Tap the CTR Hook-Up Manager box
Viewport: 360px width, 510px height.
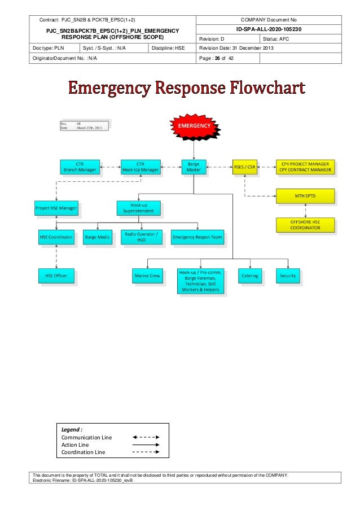(x=141, y=167)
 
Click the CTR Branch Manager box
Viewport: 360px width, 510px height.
(x=80, y=167)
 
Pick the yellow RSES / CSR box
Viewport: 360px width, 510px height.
(x=245, y=167)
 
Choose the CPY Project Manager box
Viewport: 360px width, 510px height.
(x=305, y=167)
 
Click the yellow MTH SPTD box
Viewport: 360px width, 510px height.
(x=305, y=196)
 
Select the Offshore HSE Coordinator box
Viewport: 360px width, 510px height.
(x=305, y=225)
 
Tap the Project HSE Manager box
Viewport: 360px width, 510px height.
(x=56, y=208)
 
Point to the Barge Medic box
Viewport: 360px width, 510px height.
(x=98, y=237)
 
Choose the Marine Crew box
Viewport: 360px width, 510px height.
(x=147, y=276)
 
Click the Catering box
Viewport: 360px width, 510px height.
(x=250, y=276)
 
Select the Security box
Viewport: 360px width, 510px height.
(x=288, y=276)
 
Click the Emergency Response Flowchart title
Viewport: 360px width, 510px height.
(x=187, y=89)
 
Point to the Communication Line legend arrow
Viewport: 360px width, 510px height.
(x=146, y=437)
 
